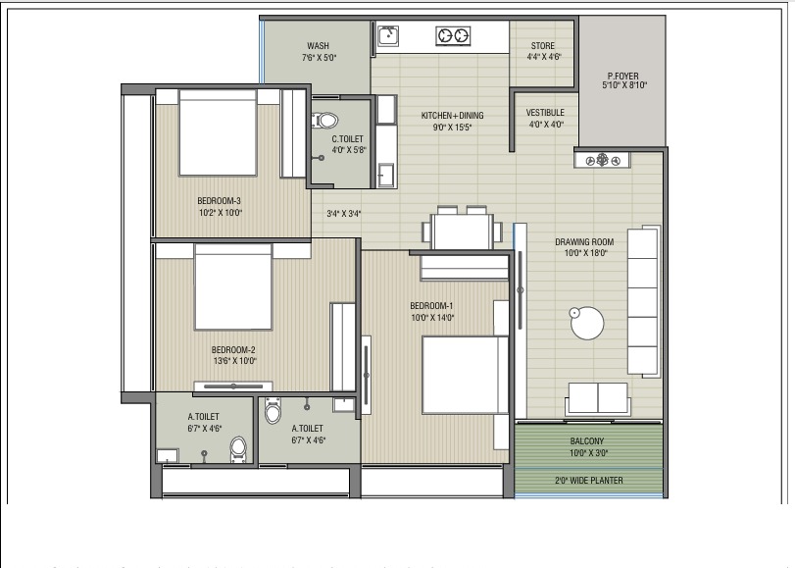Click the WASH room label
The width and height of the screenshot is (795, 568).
tap(318, 46)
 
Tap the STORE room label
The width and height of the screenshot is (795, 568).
tap(543, 46)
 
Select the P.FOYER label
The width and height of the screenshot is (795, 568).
tap(623, 77)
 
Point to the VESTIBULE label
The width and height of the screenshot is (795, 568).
tap(545, 113)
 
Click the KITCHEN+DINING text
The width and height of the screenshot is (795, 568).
tap(452, 116)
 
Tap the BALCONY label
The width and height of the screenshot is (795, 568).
tap(587, 441)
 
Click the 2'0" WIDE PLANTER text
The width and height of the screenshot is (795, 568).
tap(587, 480)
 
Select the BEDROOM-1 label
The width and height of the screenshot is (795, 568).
tap(432, 305)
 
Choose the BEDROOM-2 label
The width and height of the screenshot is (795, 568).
tap(233, 349)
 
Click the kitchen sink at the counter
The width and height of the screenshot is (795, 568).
tap(389, 35)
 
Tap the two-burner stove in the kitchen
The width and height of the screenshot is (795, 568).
tap(453, 36)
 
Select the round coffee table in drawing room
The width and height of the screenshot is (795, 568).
tap(588, 323)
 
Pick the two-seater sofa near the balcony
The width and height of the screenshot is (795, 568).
tap(597, 398)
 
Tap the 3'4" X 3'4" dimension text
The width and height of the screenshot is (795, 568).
tap(344, 213)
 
